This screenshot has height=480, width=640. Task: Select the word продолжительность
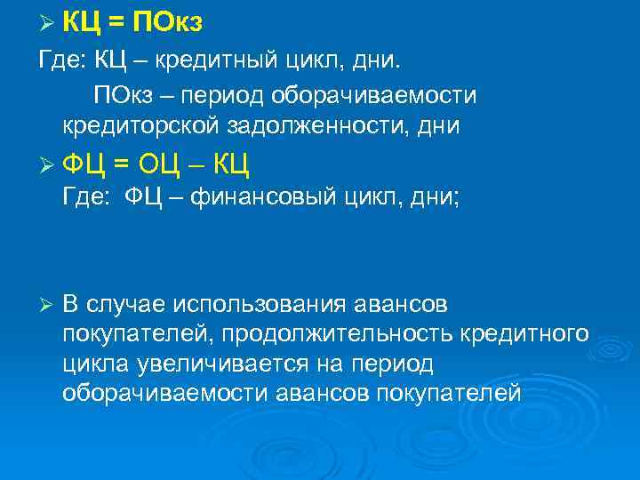click(x=339, y=333)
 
